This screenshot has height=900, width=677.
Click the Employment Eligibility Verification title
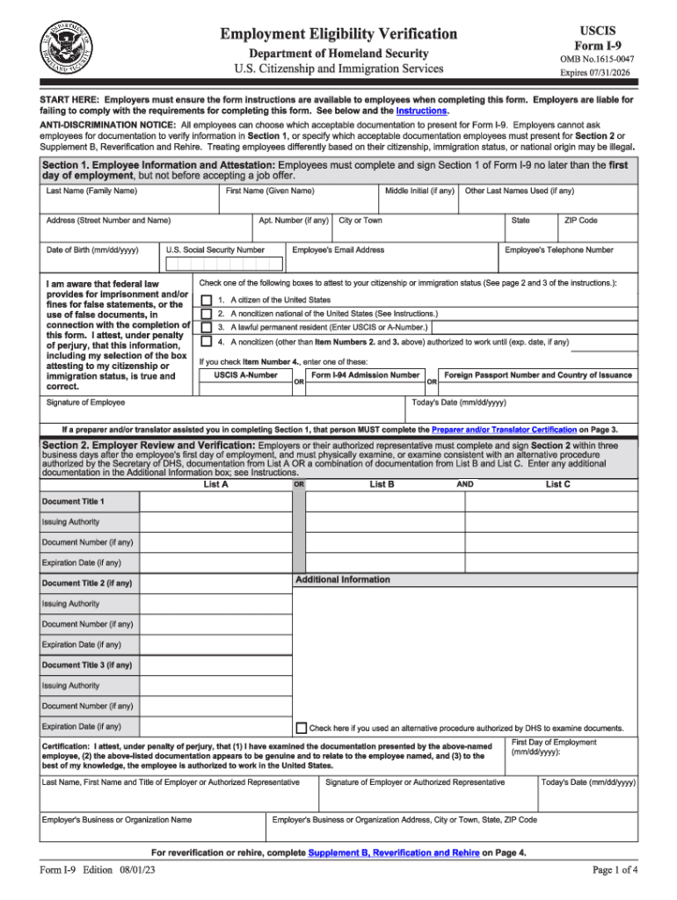338,34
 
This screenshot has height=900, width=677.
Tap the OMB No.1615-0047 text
597,59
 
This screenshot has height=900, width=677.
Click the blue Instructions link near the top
422,112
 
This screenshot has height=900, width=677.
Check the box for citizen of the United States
206,300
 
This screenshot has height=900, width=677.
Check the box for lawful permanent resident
206,327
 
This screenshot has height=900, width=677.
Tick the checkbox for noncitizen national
206,313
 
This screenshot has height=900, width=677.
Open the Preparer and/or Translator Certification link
504,430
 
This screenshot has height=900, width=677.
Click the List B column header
382,484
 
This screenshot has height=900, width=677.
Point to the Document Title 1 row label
73,501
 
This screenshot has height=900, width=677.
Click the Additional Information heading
342,580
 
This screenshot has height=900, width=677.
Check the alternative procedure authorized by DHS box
302,728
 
